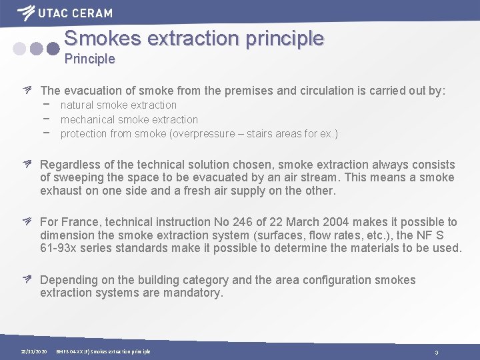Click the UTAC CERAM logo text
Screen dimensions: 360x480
74,13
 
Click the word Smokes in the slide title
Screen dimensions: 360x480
103,38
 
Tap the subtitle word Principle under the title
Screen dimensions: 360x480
89,59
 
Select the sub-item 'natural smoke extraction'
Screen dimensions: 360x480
118,105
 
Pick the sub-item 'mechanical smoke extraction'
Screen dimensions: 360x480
129,119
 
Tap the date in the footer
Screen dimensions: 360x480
33,351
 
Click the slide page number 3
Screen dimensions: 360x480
436,352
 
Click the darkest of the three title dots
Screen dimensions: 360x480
52,48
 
